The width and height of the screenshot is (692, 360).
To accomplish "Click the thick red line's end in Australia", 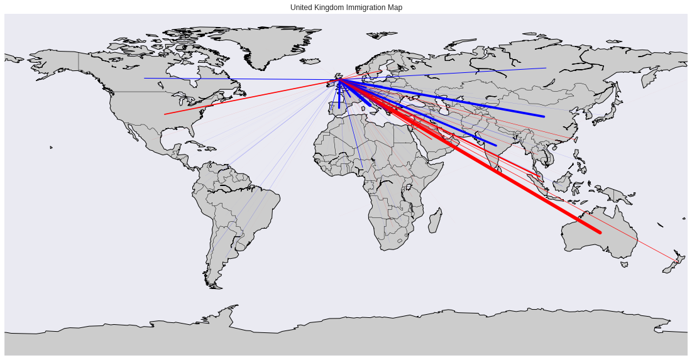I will pos(600,232).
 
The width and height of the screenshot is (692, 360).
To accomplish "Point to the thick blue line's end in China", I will pos(544,116).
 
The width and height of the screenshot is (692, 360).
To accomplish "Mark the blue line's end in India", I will pos(496,146).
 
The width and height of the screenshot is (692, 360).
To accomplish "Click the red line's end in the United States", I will pos(165,114).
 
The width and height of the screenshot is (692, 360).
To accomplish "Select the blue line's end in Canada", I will pos(145,79).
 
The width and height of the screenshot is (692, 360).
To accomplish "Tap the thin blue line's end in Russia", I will pos(546,68).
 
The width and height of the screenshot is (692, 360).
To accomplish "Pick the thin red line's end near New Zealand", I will pos(678,261).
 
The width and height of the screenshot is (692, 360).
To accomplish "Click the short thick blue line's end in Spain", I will pos(339,107).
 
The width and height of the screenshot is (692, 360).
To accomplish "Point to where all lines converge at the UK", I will pos(339,80).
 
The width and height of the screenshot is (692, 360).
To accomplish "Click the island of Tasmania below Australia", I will pos(623,265).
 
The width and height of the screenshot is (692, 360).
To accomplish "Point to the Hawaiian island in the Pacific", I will pos(51,148).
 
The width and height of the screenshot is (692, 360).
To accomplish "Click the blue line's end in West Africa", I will pos(363,168).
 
